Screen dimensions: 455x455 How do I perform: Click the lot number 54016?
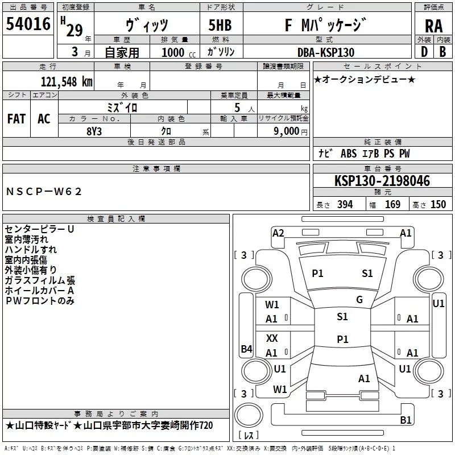28,23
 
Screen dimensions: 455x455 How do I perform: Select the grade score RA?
434,26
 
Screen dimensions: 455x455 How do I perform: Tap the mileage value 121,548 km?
67,82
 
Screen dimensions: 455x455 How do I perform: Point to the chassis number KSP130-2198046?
382,180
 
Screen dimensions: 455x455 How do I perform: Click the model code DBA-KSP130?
326,52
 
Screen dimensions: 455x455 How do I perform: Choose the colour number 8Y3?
94,131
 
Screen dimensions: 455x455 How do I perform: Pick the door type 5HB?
220,25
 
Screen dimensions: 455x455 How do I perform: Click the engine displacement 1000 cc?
179,52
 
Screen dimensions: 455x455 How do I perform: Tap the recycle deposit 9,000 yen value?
291,131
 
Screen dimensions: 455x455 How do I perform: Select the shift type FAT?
16,119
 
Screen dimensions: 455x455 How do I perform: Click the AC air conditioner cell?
44,119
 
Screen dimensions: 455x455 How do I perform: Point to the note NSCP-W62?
44,192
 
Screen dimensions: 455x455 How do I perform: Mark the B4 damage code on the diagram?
247,349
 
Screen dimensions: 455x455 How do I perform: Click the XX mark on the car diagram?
272,338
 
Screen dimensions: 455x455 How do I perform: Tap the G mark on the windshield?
359,300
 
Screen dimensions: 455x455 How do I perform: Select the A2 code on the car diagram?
278,233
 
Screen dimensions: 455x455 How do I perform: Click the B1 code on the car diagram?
406,420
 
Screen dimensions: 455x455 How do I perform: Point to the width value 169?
392,204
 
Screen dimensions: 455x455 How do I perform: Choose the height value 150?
438,204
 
